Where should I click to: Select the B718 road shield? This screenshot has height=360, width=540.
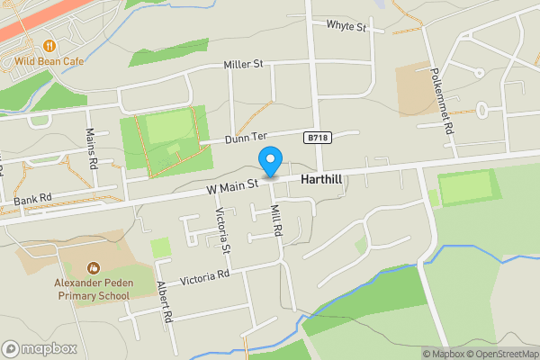click(x=316, y=138)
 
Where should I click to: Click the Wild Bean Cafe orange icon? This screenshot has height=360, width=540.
click(x=49, y=45)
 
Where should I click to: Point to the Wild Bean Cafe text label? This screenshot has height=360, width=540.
click(x=49, y=61)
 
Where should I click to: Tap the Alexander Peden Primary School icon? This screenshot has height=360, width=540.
click(x=92, y=267)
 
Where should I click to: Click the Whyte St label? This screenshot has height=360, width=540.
click(x=346, y=27)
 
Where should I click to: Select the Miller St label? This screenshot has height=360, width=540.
click(x=243, y=64)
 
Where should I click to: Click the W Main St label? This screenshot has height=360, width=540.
click(x=231, y=184)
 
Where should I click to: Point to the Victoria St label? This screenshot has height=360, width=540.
click(x=224, y=230)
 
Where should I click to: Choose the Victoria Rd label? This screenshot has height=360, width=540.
click(x=207, y=276)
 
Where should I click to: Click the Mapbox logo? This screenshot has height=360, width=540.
click(x=40, y=348)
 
